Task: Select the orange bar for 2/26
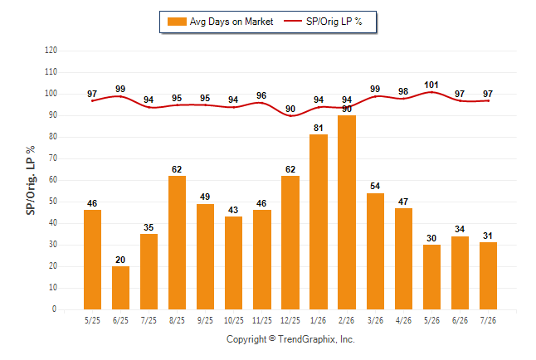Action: (347, 212)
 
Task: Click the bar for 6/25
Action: (120, 288)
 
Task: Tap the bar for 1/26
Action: (319, 221)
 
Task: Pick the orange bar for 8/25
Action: (177, 243)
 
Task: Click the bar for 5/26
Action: (431, 277)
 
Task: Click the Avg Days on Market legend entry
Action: (220, 22)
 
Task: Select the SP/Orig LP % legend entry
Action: (323, 22)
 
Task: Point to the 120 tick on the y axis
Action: (51, 51)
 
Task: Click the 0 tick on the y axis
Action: (54, 309)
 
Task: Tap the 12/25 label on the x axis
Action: (290, 320)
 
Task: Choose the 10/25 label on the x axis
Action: (234, 320)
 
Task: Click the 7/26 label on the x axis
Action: (488, 320)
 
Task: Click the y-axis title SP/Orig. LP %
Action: (31, 180)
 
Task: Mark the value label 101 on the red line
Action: (431, 85)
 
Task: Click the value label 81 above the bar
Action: (319, 128)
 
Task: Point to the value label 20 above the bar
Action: (120, 260)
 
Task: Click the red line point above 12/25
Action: (290, 115)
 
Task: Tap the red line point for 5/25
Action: (92, 101)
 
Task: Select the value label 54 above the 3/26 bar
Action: (375, 186)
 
